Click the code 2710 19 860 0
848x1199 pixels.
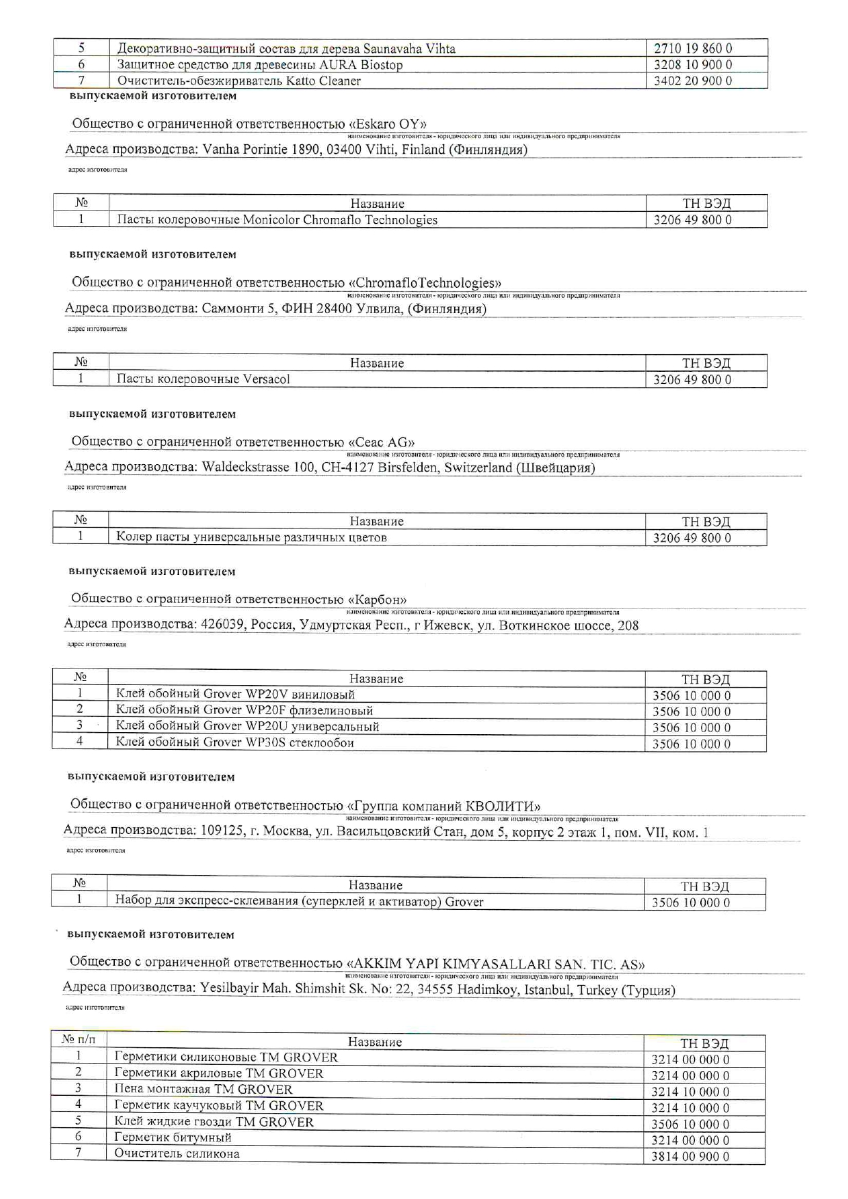click(x=693, y=49)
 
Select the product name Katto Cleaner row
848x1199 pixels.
click(x=239, y=81)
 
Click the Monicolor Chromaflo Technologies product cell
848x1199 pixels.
click(x=277, y=220)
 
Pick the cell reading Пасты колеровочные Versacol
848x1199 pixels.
click(x=203, y=379)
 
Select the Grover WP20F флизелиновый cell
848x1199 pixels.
click(x=244, y=710)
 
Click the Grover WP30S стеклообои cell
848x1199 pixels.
click(x=235, y=742)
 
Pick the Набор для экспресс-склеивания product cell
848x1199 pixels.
click(x=299, y=902)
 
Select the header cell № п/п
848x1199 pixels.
click(x=79, y=1040)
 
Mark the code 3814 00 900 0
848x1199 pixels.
click(x=690, y=1157)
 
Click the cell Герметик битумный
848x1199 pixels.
click(x=173, y=1137)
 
